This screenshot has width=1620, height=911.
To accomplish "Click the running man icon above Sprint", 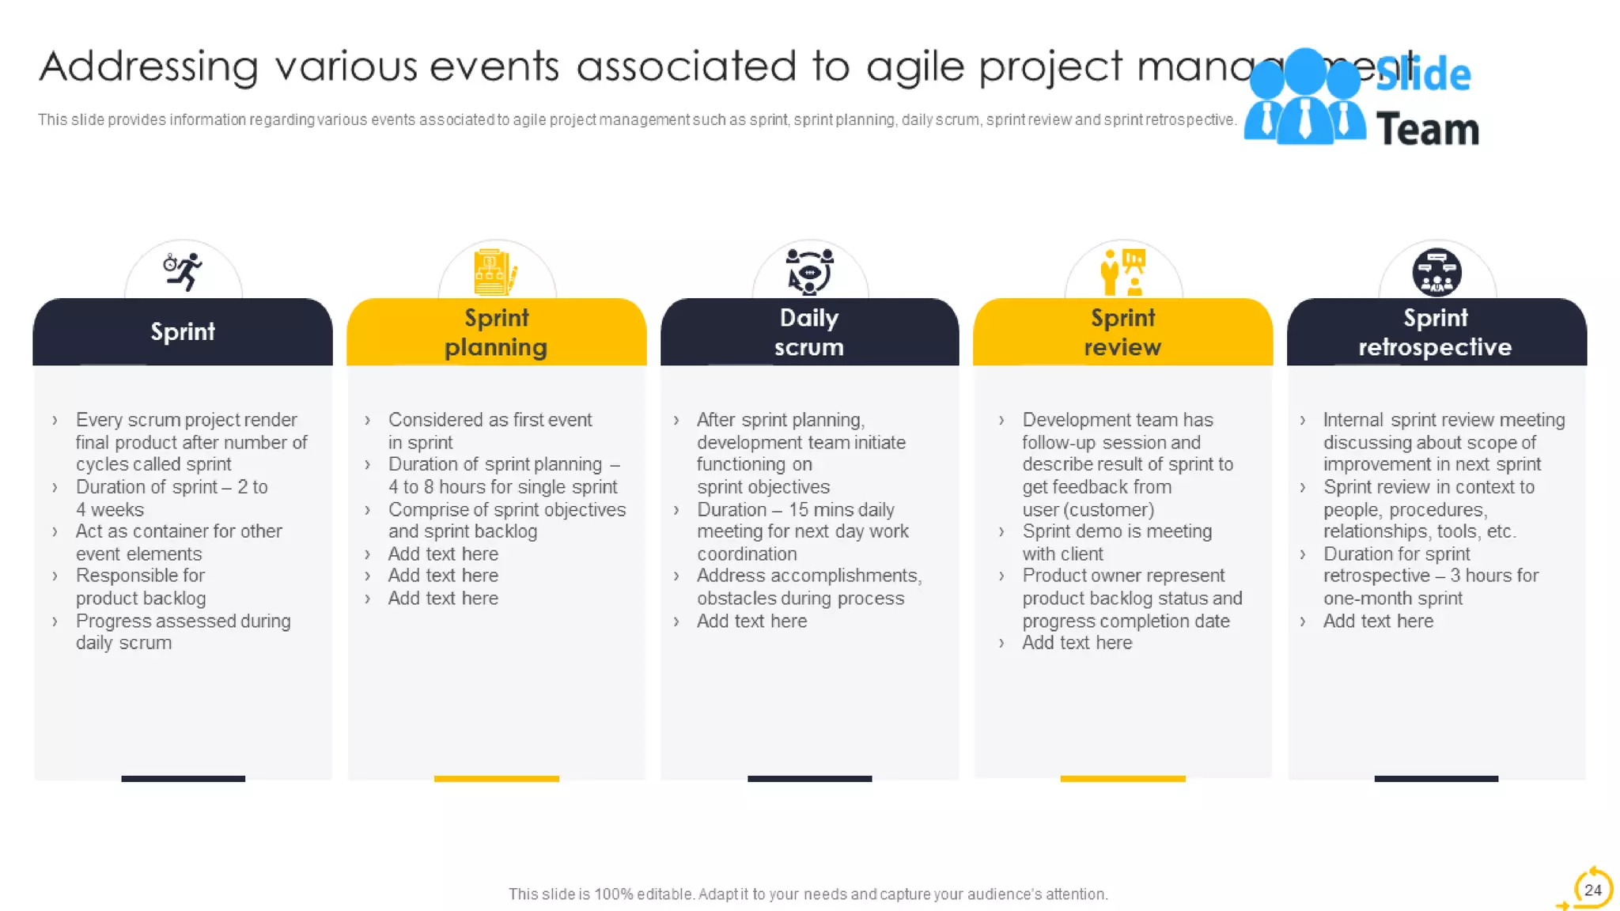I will click(184, 271).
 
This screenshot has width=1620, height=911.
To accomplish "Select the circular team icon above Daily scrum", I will click(809, 271).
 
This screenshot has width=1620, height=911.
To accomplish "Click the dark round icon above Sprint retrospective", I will click(1436, 272).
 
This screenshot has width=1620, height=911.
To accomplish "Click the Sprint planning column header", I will click(496, 332).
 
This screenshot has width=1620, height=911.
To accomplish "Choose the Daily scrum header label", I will click(809, 332).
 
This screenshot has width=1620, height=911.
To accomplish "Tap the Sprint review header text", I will click(1122, 332).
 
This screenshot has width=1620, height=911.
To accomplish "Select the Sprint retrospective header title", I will click(1435, 332).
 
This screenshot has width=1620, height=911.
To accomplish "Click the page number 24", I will click(1592, 890).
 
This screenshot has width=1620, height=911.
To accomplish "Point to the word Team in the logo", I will click(1427, 129).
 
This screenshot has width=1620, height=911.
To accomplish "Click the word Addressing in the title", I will click(149, 66).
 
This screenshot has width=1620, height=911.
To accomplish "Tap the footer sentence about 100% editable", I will click(808, 894).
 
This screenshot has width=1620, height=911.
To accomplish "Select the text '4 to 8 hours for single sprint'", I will click(502, 487).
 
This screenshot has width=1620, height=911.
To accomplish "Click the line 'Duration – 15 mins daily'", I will click(795, 509).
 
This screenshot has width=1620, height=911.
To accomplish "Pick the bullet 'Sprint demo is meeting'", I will click(1116, 531).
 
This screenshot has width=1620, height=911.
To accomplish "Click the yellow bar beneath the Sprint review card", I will click(1122, 779).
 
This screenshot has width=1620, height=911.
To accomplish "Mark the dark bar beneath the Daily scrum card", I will click(809, 779).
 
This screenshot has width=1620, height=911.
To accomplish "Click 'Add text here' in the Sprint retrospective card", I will click(1378, 621).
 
